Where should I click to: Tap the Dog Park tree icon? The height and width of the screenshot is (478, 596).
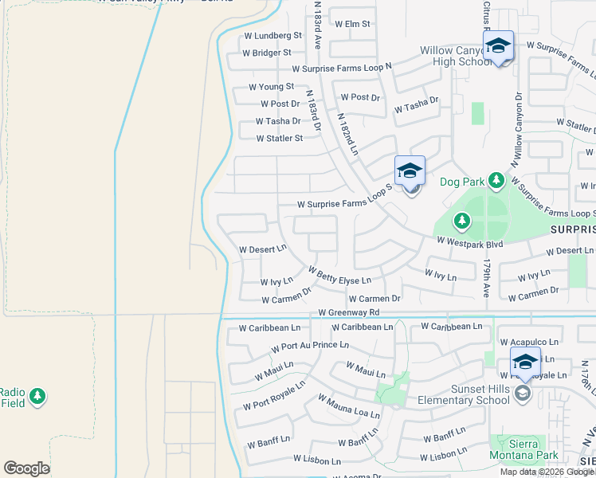497,181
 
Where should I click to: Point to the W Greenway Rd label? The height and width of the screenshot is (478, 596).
348,313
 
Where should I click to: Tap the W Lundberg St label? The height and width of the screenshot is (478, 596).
273,36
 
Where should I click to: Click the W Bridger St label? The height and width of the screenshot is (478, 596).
267,53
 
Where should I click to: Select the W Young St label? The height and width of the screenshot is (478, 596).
271,87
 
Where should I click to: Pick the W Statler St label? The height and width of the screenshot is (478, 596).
279,139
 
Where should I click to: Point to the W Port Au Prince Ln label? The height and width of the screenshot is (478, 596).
309,347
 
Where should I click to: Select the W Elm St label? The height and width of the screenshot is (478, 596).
351,24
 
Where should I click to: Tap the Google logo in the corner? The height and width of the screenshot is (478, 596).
26,468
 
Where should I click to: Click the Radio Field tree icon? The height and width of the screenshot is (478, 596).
37,394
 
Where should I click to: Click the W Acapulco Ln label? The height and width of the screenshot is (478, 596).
534,342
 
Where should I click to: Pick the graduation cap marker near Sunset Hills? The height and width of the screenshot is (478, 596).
525,362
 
